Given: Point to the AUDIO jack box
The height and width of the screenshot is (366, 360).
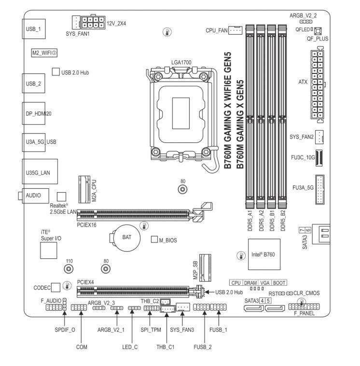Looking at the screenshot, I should tap(33, 195).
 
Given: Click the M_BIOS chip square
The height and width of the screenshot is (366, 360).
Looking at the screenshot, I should tap(154, 239).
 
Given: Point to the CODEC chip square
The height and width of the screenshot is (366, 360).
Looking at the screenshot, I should tap(56, 287).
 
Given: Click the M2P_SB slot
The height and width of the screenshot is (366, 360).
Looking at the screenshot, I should tap(207, 268).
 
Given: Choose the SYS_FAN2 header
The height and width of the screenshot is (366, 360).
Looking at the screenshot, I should tap(319, 137).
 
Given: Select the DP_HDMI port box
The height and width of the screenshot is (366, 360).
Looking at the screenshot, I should tap(33, 113).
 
